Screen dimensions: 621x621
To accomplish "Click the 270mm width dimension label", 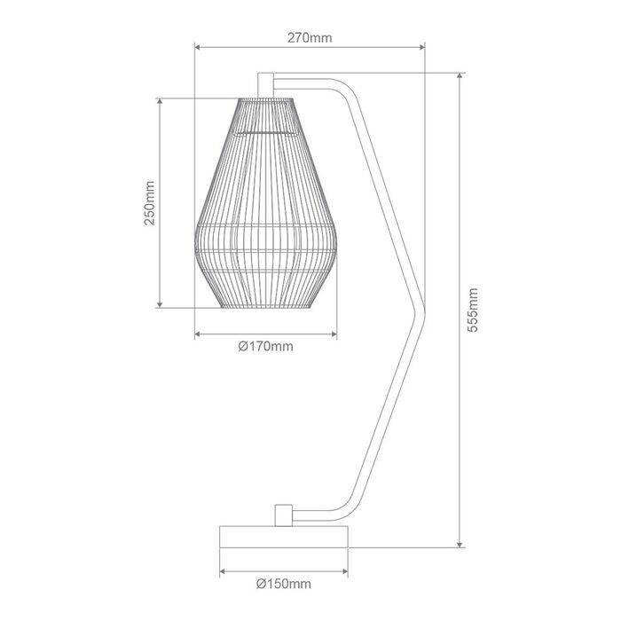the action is tap(310, 38).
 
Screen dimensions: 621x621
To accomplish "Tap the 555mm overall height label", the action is tap(473, 310).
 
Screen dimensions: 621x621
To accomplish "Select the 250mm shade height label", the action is tap(149, 203).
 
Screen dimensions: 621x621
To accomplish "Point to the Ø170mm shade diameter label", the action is tap(266, 347).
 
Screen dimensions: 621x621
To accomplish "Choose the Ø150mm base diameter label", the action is tap(284, 584).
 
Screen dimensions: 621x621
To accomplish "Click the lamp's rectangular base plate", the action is tap(284, 537).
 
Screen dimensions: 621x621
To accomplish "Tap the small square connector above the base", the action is tap(284, 515).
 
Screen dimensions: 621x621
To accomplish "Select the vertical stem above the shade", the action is tap(265, 85).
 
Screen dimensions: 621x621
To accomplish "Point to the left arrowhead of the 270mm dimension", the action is tap(198, 48).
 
